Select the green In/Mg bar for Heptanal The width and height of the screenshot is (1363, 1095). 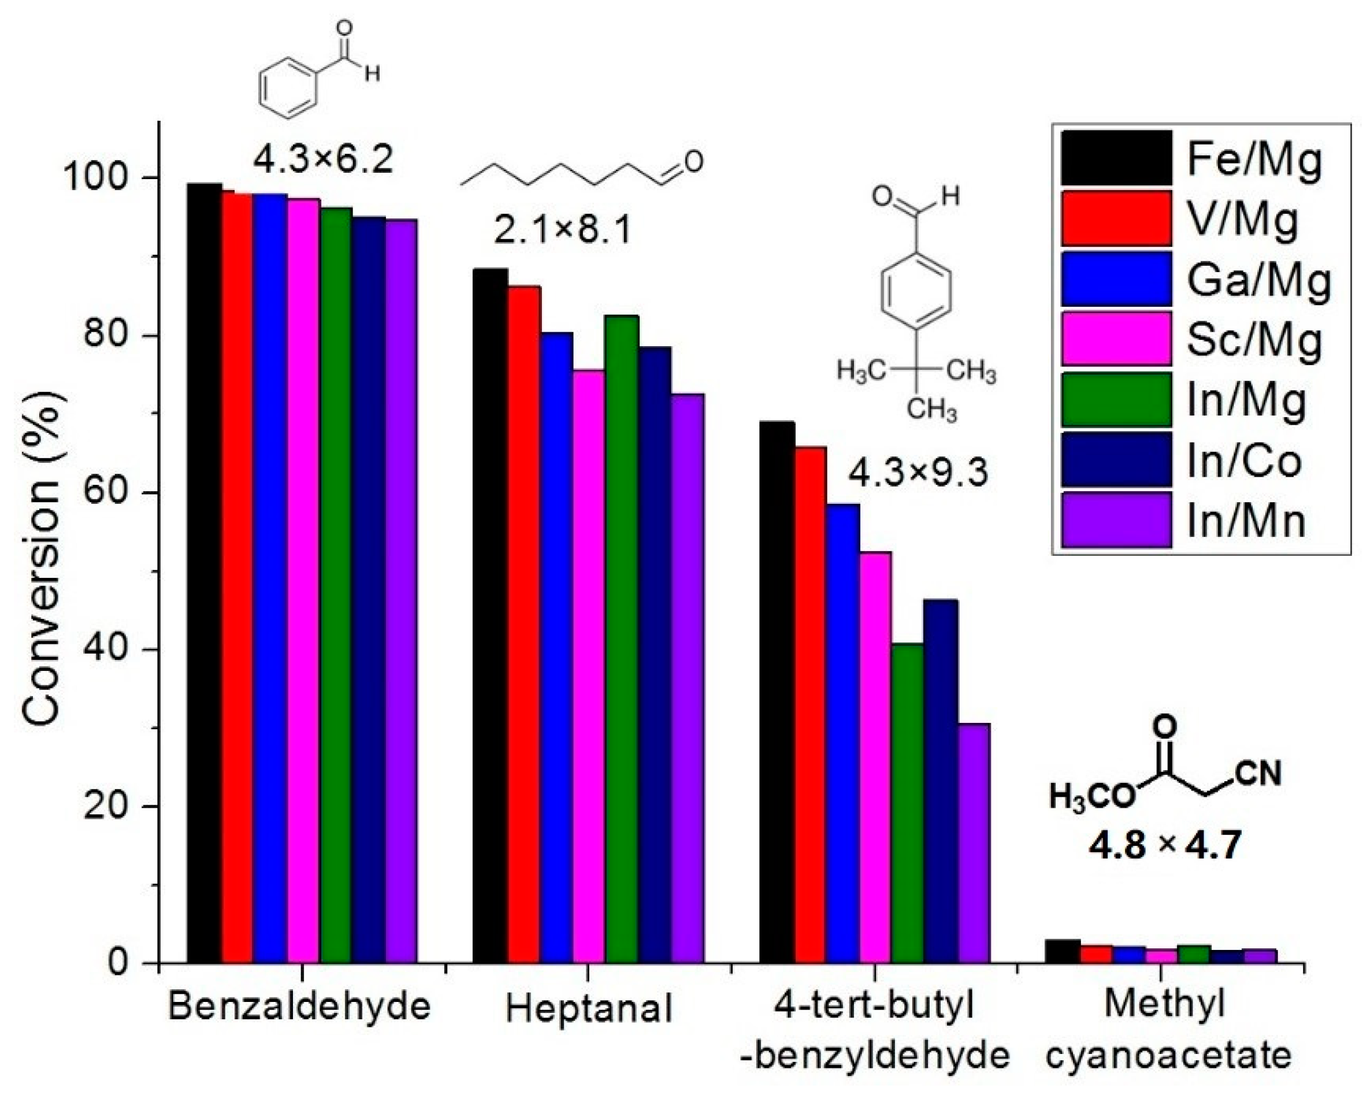(x=622, y=639)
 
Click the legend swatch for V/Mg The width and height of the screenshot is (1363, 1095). (x=1116, y=218)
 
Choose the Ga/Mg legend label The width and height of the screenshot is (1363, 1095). (x=1258, y=280)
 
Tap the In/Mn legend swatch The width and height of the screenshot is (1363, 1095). (x=1116, y=519)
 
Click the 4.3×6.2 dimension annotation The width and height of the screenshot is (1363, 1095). (x=323, y=159)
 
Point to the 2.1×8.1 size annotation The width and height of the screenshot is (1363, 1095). (x=562, y=231)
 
